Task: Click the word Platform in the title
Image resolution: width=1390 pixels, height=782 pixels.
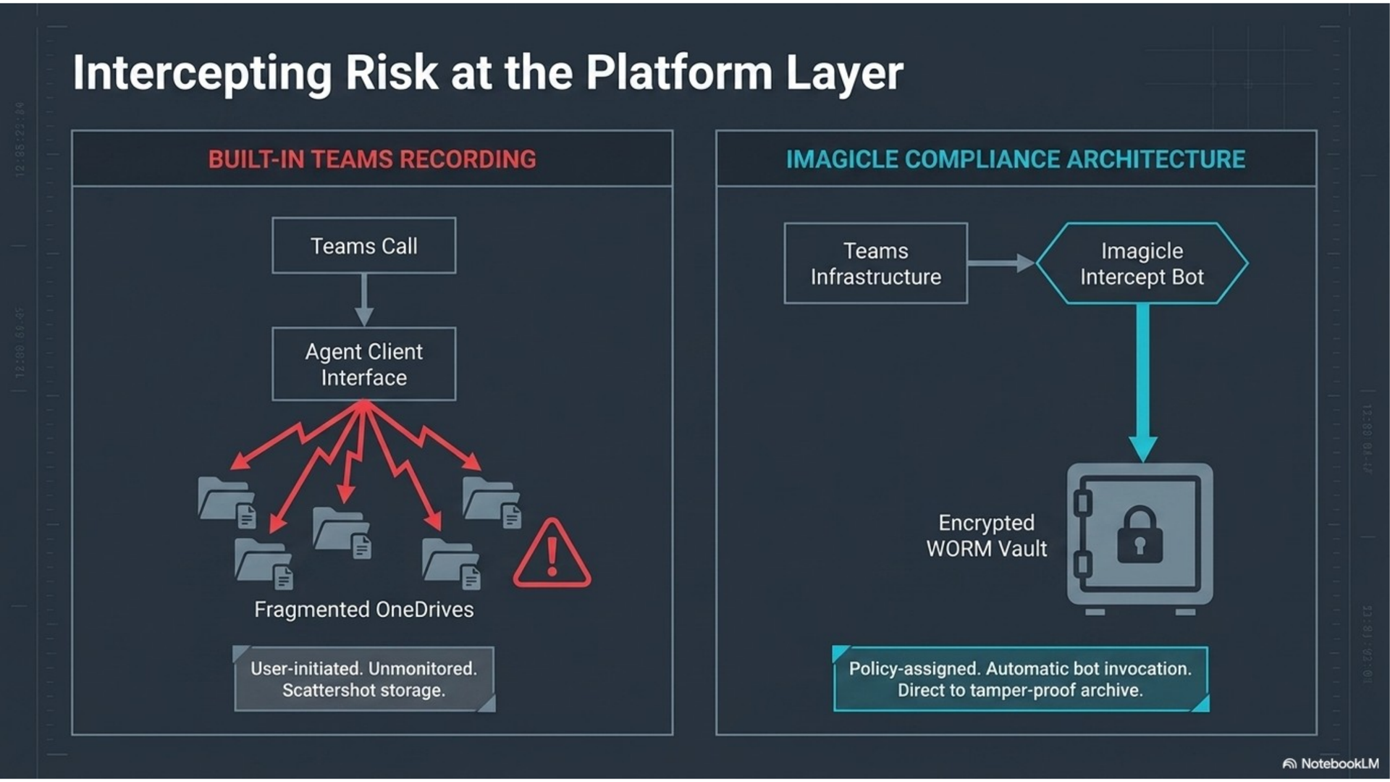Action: (679, 72)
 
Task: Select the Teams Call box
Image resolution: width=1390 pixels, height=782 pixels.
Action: (364, 245)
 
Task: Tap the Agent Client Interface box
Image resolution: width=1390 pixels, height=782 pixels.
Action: (364, 364)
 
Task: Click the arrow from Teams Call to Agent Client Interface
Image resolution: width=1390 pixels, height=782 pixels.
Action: (364, 300)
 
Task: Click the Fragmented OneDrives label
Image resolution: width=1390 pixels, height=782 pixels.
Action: (364, 610)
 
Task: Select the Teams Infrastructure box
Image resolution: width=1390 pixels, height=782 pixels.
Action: (876, 264)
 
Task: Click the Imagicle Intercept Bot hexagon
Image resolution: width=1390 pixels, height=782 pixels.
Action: (1142, 264)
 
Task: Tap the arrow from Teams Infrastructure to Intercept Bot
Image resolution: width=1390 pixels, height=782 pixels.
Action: (1002, 263)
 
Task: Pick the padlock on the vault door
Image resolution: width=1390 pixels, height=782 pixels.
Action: (1140, 535)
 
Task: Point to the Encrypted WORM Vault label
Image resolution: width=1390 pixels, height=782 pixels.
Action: (986, 536)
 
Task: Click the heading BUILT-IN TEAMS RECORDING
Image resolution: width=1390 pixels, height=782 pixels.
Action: (372, 159)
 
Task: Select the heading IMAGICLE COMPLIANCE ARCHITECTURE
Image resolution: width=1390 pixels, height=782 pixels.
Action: (1016, 159)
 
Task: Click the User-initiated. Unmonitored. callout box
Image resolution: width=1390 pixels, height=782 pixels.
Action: (364, 679)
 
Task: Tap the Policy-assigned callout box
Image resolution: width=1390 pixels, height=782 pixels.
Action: (1021, 679)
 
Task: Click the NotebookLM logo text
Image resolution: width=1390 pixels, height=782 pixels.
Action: (1339, 764)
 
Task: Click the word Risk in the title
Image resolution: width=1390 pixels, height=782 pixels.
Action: (392, 72)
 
